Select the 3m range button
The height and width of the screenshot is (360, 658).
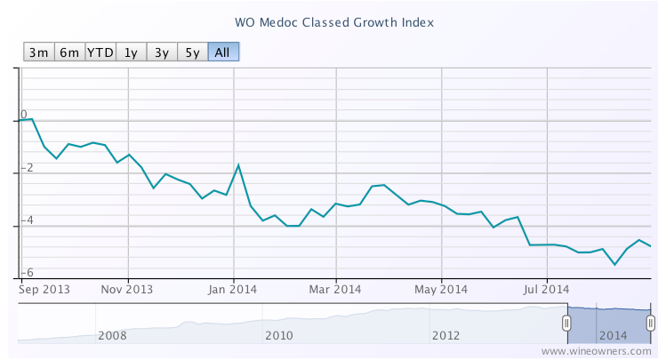(x=38, y=52)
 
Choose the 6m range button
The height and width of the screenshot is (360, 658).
(x=69, y=52)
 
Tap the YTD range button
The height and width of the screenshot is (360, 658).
(x=100, y=52)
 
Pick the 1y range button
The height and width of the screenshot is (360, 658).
(x=131, y=52)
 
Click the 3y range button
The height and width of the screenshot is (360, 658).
(x=161, y=52)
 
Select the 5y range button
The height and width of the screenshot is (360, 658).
(x=192, y=52)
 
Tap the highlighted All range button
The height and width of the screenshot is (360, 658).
(x=223, y=52)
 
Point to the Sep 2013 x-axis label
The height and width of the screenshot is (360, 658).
(x=44, y=288)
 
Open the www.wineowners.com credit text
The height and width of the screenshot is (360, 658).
(x=597, y=351)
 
